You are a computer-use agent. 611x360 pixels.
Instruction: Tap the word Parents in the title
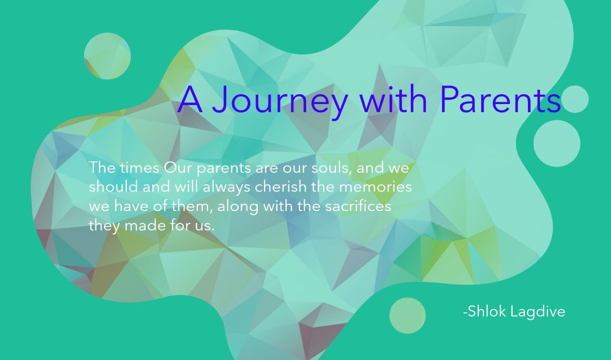[x=500, y=99]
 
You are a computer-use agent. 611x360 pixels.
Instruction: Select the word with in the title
[x=393, y=99]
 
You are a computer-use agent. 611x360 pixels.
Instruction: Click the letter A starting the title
[x=190, y=99]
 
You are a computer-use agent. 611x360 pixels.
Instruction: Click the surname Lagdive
[x=537, y=312]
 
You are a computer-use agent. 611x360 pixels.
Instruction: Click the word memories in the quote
[x=375, y=187]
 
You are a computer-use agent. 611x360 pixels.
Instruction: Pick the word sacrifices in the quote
[x=358, y=206]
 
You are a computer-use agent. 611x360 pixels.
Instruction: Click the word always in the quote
[x=226, y=188]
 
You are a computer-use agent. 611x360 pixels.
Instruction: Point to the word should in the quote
[x=113, y=187]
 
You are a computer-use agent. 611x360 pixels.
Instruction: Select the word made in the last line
[x=145, y=225]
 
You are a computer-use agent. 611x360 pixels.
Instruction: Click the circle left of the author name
[x=407, y=316]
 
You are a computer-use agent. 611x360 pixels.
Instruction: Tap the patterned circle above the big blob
[x=107, y=56]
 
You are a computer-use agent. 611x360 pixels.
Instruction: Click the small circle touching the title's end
[x=575, y=99]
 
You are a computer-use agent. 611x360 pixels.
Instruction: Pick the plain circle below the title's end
[x=557, y=144]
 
